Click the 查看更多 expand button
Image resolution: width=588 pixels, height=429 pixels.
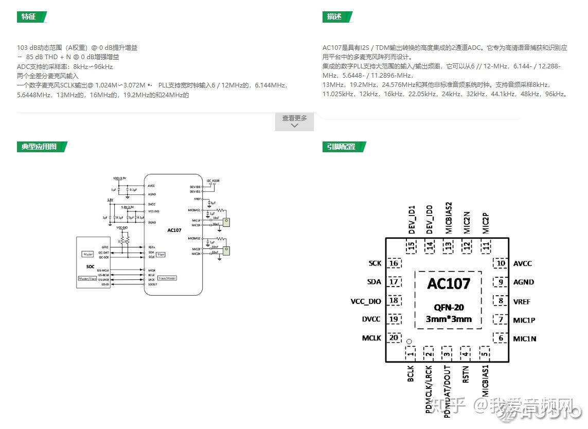coord(294,121)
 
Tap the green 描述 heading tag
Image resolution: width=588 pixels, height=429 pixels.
coord(335,16)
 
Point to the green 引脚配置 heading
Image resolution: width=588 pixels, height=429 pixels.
coord(342,147)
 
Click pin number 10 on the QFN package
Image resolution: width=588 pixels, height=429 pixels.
coord(500,263)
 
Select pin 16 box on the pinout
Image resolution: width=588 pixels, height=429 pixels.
coord(395,263)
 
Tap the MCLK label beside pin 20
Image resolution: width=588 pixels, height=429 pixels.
coord(371,338)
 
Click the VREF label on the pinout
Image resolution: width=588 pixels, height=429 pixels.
coord(522,301)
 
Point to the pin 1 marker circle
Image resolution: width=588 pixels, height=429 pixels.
coord(409,341)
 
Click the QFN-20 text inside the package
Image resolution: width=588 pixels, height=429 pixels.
coord(449,308)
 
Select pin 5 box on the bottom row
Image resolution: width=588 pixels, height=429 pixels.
coord(485,353)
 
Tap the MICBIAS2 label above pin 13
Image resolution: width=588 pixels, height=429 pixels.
coord(449,218)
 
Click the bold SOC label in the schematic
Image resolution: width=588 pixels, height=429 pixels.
coord(91,266)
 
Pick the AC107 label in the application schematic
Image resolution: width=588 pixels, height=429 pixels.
coord(174,230)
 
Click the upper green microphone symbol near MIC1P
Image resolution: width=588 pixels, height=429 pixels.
coord(226,222)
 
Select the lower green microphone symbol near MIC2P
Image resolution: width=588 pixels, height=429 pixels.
coord(226,251)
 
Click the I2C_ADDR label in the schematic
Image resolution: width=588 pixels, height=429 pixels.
coord(213,181)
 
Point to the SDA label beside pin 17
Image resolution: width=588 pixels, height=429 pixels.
coord(374,282)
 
